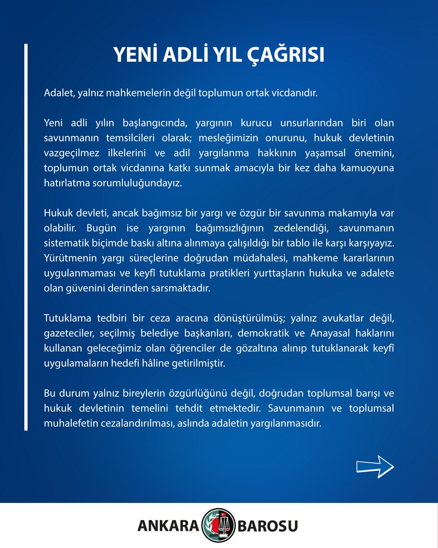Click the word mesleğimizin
[228, 138]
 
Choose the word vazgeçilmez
[71, 153]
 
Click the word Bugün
[101, 228]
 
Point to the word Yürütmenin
[70, 258]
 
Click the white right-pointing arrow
[375, 467]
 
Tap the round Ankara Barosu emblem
[219, 525]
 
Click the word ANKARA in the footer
[168, 526]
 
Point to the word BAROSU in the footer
[268, 526]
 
